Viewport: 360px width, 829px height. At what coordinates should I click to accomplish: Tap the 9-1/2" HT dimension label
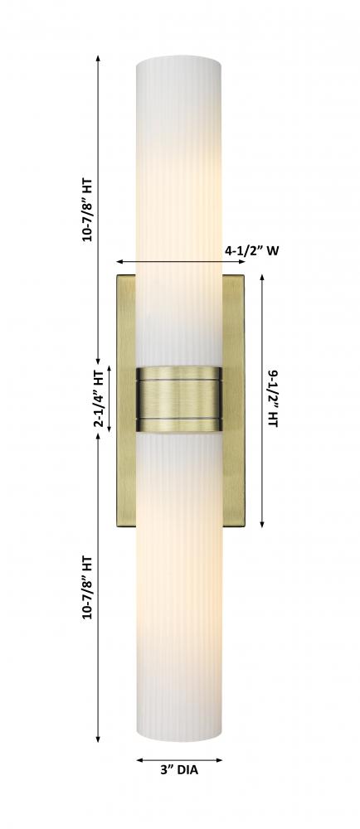[273, 399]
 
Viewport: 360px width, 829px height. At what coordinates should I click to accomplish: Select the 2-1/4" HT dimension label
[99, 399]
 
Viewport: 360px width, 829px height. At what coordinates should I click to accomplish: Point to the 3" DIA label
[179, 770]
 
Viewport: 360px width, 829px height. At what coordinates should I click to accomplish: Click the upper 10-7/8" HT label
[87, 210]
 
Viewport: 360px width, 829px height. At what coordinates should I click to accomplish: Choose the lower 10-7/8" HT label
[87, 588]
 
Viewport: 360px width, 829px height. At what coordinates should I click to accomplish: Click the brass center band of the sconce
[179, 400]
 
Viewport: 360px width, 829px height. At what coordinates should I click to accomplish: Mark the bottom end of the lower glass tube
[179, 735]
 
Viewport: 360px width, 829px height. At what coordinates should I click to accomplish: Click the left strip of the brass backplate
[126, 400]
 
